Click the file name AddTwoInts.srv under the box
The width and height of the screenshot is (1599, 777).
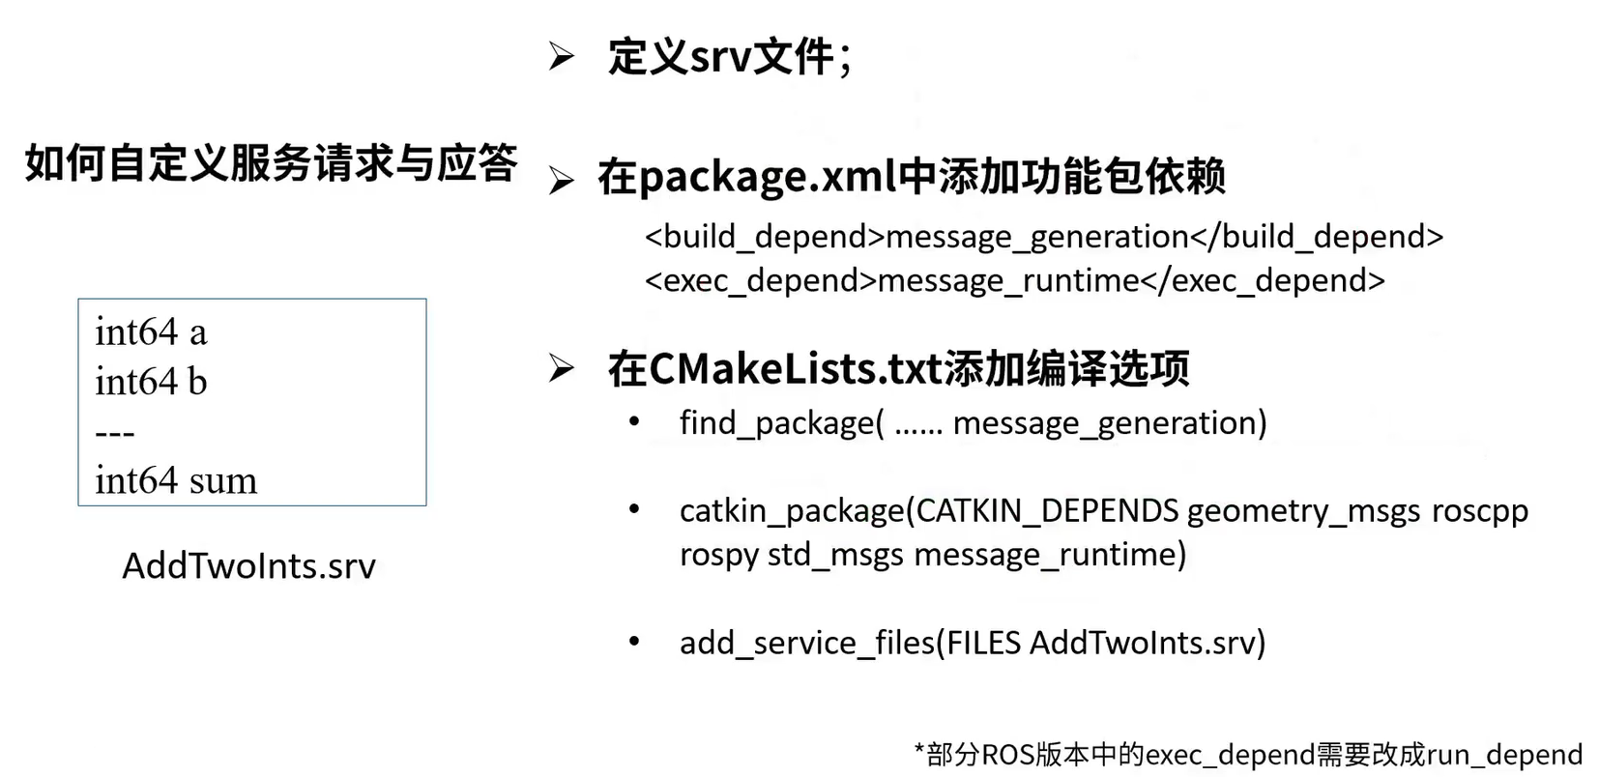click(248, 565)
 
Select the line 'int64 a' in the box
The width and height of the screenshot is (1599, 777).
click(151, 332)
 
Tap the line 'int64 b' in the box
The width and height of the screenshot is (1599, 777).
click(151, 382)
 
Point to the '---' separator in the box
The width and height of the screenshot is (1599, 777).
click(115, 433)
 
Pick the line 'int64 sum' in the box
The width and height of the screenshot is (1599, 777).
click(176, 480)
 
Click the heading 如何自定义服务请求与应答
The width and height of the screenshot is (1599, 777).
click(271, 162)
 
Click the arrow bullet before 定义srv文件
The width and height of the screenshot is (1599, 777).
click(561, 56)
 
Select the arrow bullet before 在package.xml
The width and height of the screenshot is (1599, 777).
click(561, 180)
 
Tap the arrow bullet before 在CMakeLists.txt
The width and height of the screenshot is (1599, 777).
click(561, 368)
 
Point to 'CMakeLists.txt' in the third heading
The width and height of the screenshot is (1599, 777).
click(795, 368)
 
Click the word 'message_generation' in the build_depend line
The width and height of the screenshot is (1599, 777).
click(1036, 237)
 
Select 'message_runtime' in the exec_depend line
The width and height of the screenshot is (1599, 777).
click(1008, 281)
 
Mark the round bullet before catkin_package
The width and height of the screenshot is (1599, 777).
click(634, 508)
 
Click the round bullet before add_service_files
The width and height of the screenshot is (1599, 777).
click(634, 641)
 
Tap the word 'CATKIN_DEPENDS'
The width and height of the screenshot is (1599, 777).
click(1047, 510)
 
